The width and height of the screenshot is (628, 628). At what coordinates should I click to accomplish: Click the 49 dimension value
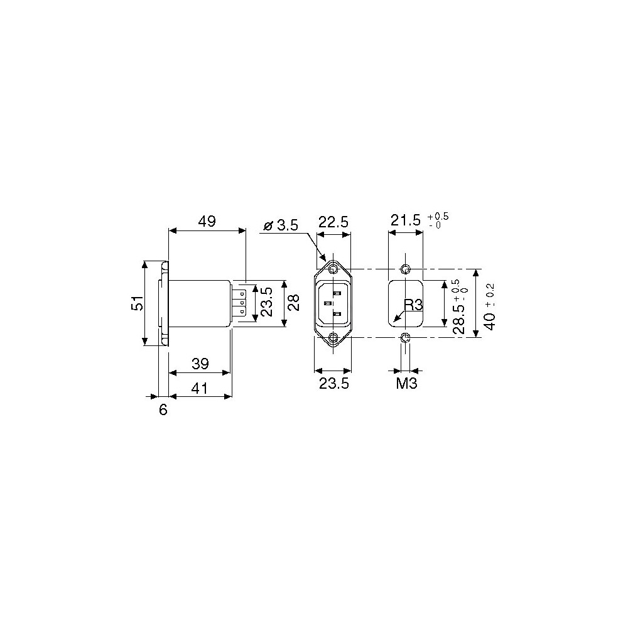point(207,222)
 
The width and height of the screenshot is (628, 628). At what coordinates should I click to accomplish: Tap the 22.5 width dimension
point(333,222)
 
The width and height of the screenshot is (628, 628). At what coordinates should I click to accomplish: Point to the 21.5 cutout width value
point(405,222)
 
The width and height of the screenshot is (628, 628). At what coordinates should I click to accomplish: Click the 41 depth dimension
point(200,389)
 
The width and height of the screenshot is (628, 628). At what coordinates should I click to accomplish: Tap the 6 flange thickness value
point(163,410)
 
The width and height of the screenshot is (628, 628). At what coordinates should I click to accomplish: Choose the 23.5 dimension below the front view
point(333,384)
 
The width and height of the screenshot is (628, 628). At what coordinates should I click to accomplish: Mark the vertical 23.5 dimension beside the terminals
point(266,303)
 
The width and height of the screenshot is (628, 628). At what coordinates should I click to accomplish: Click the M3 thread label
point(406,384)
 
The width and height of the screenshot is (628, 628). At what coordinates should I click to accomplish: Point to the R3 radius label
point(414,305)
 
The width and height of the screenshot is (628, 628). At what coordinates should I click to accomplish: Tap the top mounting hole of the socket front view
point(333,269)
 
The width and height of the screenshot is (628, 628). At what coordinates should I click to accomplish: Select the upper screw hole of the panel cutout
point(406,269)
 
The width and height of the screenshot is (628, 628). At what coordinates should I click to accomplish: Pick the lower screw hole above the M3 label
point(406,338)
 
